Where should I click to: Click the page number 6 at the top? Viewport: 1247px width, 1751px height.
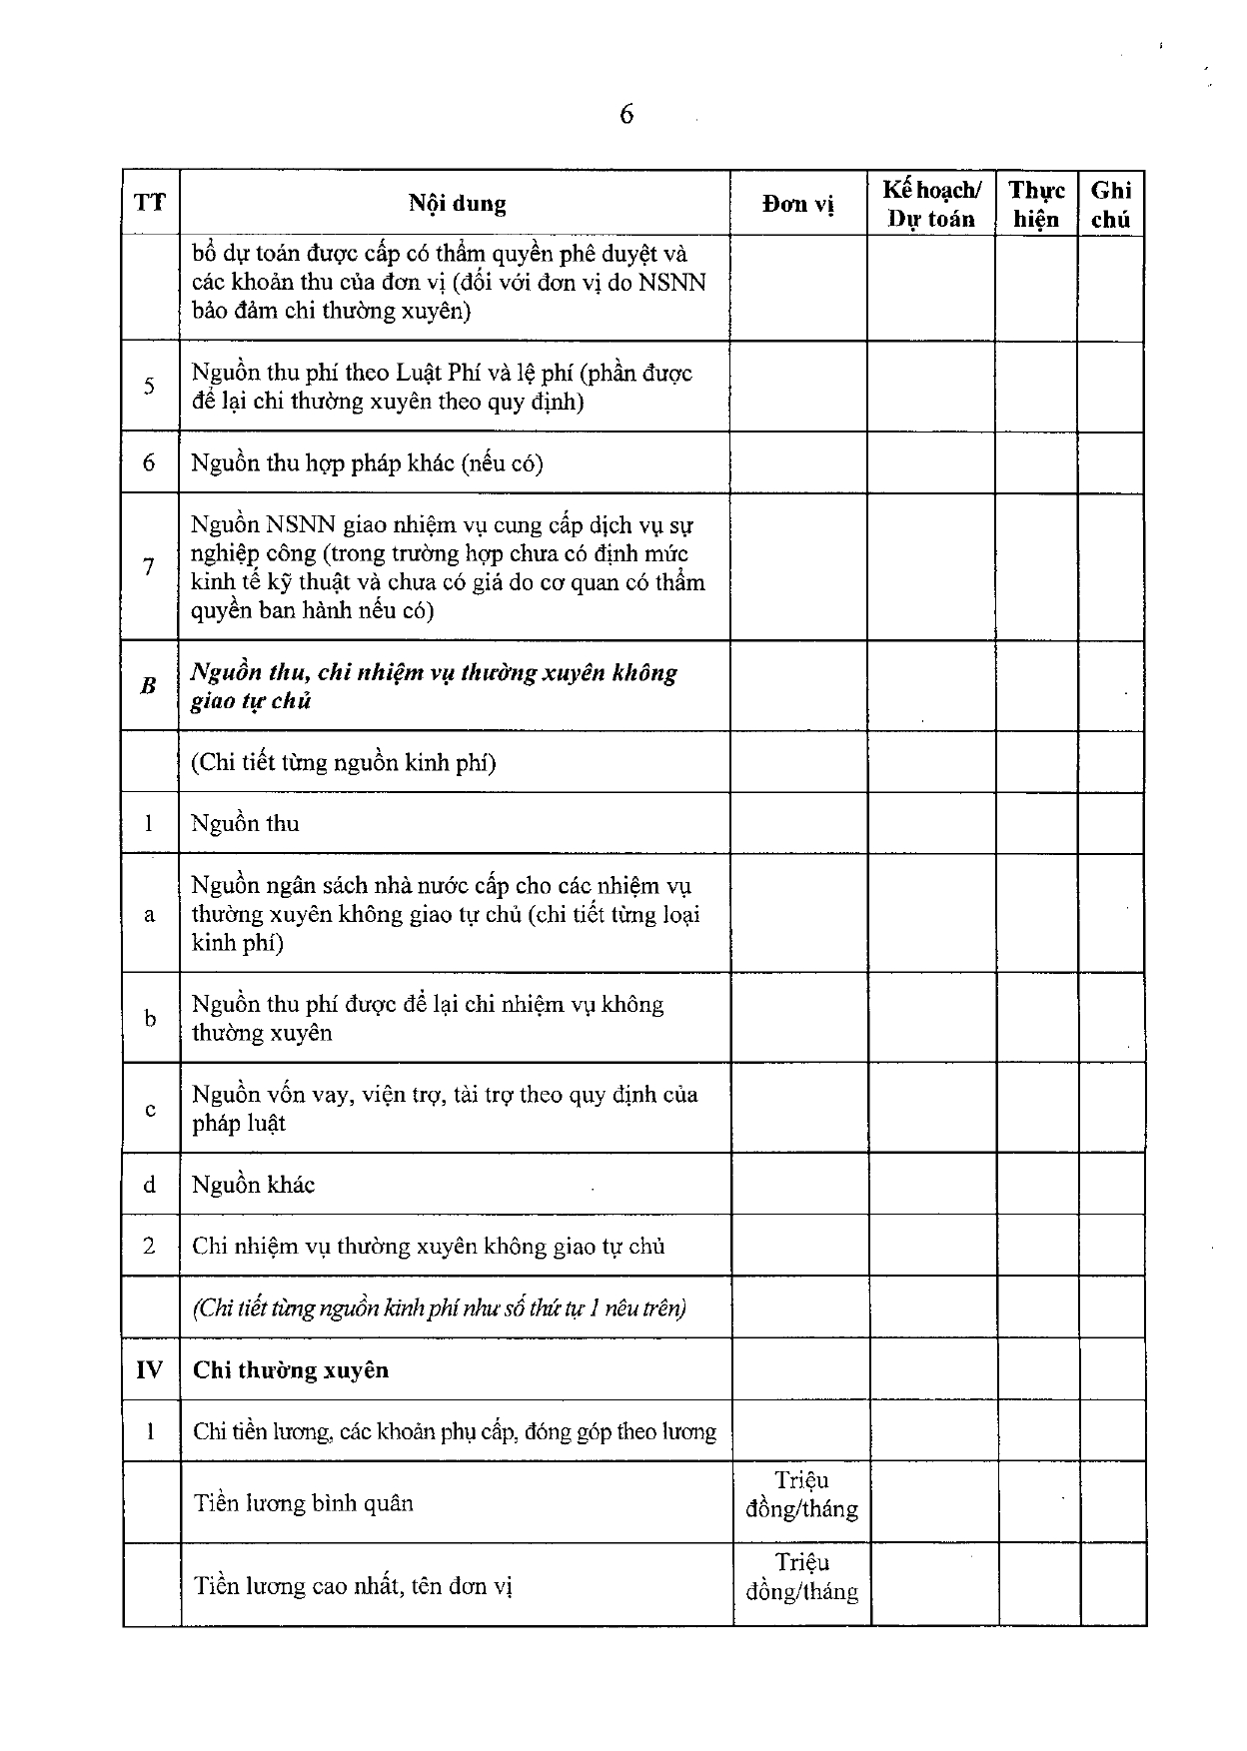(626, 115)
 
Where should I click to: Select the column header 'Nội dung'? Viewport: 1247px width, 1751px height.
(457, 204)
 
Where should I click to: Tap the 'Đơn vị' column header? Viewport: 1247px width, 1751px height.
(797, 204)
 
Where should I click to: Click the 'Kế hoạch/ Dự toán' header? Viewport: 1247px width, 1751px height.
(931, 204)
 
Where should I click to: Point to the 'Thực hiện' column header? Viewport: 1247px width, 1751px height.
(1036, 204)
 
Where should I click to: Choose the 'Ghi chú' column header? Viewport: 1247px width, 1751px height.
(1110, 204)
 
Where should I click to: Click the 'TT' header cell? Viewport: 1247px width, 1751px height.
(150, 203)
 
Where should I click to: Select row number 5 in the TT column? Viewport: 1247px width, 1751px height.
(149, 387)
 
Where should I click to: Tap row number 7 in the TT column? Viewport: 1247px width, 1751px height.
(149, 567)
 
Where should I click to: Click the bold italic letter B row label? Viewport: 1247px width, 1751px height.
(149, 686)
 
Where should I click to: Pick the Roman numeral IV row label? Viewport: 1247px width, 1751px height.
(149, 1369)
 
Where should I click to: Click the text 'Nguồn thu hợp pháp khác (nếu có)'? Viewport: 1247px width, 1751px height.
(367, 463)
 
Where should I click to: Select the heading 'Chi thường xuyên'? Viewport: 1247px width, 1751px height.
(290, 1370)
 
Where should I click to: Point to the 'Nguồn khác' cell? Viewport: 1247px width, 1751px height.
(253, 1186)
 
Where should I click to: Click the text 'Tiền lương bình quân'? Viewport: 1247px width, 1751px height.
(303, 1503)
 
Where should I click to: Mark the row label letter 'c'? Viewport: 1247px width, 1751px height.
(150, 1110)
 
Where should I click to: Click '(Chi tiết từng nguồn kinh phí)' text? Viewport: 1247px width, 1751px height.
(344, 763)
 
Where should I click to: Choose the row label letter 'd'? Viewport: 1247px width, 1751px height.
(150, 1186)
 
